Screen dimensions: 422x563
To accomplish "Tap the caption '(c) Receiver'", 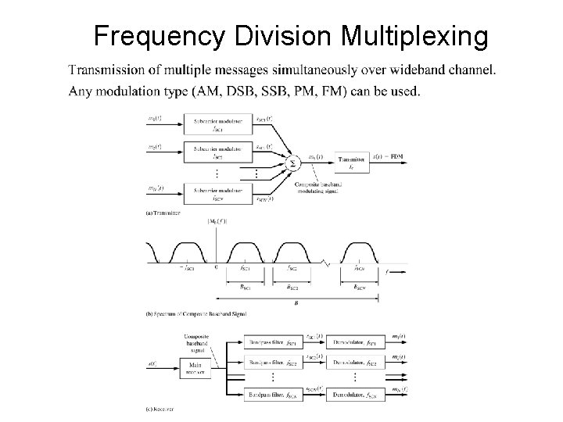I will tap(160, 409).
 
